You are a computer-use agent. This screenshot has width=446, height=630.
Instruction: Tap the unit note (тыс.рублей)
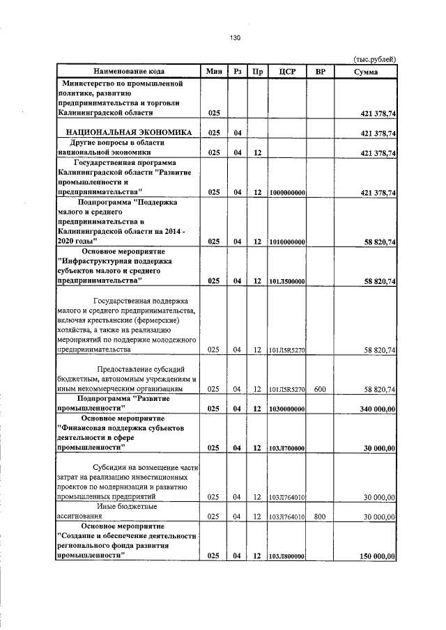(375, 60)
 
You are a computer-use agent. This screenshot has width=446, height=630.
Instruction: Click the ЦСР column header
(288, 72)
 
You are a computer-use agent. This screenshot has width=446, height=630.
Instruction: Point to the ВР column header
(320, 72)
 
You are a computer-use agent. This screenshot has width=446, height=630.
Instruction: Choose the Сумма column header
(366, 72)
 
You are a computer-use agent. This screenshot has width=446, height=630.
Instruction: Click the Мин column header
(214, 72)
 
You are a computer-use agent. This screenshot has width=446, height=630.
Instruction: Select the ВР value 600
(320, 389)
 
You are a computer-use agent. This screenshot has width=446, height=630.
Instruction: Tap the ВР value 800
(320, 517)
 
